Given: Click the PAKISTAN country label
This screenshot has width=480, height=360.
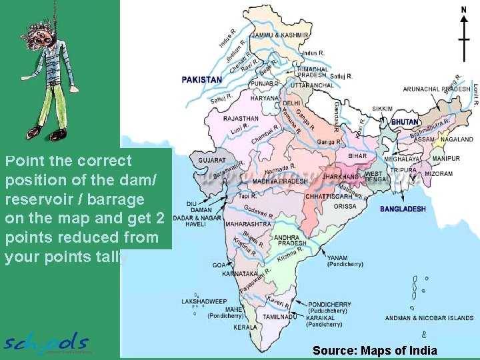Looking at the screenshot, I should click(202, 79).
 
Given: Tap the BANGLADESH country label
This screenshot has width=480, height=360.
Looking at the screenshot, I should click(403, 209).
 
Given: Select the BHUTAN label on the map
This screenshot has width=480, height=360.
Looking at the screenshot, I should click(405, 122).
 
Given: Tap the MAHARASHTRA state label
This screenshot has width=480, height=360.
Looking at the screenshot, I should click(247, 224).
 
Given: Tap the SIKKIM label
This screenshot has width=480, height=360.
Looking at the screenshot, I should click(382, 109).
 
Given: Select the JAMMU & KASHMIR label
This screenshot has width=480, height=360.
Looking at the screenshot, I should click(280, 35).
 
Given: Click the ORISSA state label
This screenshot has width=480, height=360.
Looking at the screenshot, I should click(345, 206).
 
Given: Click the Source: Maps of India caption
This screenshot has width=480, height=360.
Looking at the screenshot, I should click(375, 350).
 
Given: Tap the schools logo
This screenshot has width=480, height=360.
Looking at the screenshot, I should click(47, 343).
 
